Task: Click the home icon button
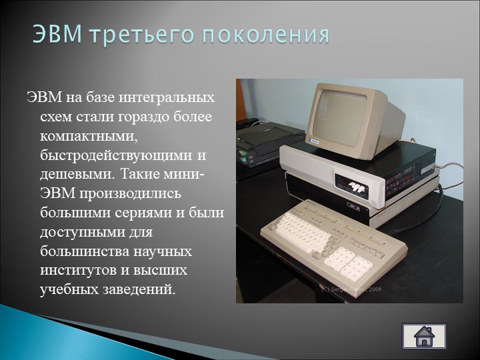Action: click(424, 337)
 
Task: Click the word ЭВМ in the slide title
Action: click(57, 34)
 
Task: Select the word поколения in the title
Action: click(265, 35)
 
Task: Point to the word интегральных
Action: click(167, 97)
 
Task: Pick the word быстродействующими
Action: click(116, 155)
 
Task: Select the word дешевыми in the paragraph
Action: click(78, 175)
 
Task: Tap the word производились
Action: click(131, 194)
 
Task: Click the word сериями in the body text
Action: click(143, 213)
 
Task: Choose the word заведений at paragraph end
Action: click(139, 289)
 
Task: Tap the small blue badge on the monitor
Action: click(314, 141)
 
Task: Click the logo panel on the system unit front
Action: click(355, 185)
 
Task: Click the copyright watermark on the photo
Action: click(351, 289)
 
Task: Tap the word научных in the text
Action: click(163, 251)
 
